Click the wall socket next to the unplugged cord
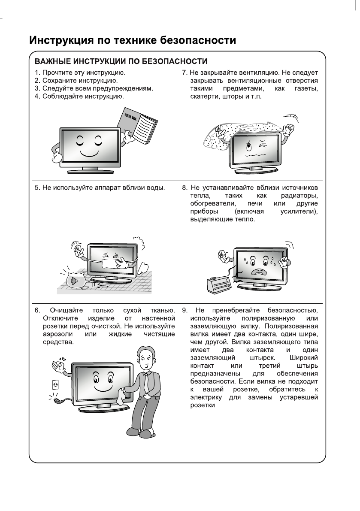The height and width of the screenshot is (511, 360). coord(55,384)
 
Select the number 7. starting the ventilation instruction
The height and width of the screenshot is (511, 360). coord(185,73)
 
